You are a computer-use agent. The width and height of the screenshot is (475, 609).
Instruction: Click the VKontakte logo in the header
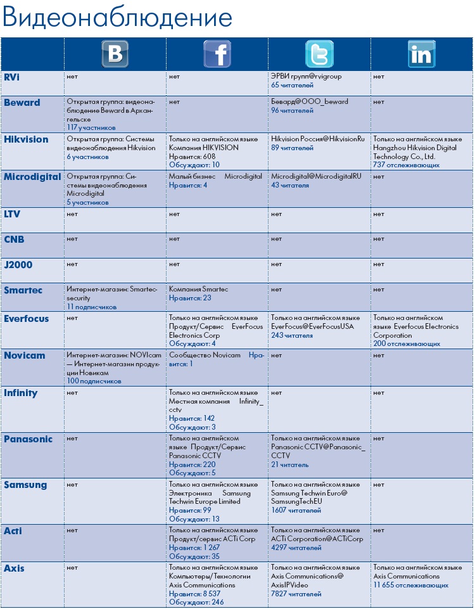pyautogui.click(x=115, y=54)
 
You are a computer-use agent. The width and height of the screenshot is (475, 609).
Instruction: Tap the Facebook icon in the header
pyautogui.click(x=217, y=54)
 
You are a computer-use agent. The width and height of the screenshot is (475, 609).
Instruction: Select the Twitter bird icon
pyautogui.click(x=319, y=54)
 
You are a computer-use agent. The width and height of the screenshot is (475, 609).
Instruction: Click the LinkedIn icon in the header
pyautogui.click(x=421, y=54)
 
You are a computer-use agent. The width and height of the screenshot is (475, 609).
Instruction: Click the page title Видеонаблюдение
pyautogui.click(x=117, y=18)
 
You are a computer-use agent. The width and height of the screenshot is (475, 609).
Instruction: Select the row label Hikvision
pyautogui.click(x=26, y=139)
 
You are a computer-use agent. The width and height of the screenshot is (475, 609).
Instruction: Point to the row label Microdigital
pyautogui.click(x=32, y=177)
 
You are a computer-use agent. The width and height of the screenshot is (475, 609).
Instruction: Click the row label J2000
pyautogui.click(x=18, y=265)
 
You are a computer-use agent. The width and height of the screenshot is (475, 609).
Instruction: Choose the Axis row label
pyautogui.click(x=15, y=568)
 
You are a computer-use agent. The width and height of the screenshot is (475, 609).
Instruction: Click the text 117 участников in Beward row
pyautogui.click(x=91, y=127)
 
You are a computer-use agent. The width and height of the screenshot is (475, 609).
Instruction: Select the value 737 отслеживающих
pyautogui.click(x=406, y=165)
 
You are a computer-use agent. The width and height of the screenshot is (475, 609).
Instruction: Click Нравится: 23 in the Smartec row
pyautogui.click(x=190, y=298)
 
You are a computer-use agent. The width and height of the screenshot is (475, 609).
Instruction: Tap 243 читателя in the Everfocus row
pyautogui.click(x=292, y=335)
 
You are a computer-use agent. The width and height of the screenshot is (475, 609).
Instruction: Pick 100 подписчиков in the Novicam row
pyautogui.click(x=94, y=381)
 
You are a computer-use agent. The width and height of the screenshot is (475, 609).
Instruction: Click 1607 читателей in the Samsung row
pyautogui.click(x=296, y=510)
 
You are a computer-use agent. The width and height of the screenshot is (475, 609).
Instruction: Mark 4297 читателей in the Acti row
pyautogui.click(x=296, y=548)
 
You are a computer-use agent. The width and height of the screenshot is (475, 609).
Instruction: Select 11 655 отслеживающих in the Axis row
pyautogui.click(x=411, y=586)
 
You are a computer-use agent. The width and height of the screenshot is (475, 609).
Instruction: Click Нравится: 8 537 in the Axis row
pyautogui.click(x=194, y=594)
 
